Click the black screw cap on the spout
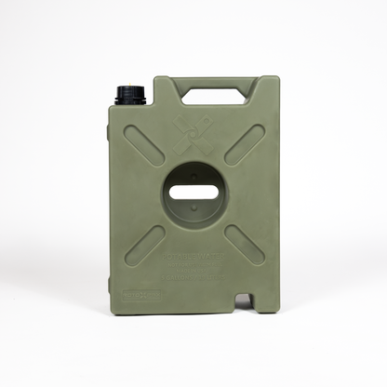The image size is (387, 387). point(130,95)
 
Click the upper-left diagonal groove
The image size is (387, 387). point(145,147)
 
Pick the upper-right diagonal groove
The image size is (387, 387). point(244,147)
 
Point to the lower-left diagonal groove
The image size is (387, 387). point(145,245)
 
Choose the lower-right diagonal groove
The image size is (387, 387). point(244,245)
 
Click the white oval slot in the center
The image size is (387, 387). point(193,193)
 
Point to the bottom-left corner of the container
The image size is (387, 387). point(114,309)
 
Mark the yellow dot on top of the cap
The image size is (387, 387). point(130,87)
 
